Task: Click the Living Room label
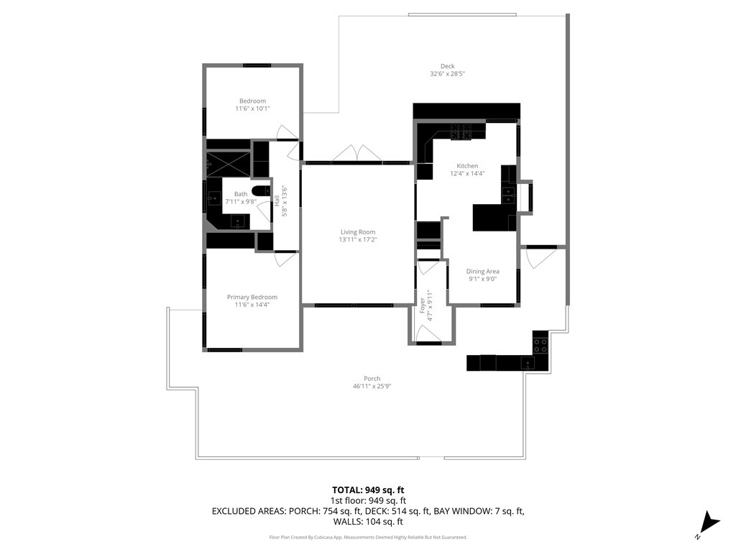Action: (x=358, y=232)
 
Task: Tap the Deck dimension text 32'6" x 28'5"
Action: (x=447, y=74)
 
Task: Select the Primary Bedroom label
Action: (x=252, y=297)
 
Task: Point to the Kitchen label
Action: (x=467, y=166)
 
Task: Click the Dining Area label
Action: (x=482, y=271)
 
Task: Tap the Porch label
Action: (x=372, y=379)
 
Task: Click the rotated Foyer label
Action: (x=422, y=305)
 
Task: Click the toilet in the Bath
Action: (x=261, y=190)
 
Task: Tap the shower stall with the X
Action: (x=229, y=164)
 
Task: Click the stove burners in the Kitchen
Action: (x=461, y=132)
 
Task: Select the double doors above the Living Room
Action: (x=357, y=153)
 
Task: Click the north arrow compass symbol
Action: (x=708, y=524)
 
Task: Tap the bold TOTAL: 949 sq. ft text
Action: (x=368, y=490)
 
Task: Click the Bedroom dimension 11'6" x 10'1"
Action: (x=252, y=109)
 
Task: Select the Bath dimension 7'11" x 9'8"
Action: (x=241, y=201)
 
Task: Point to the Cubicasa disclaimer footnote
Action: (x=368, y=537)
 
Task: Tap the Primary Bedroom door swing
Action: (x=285, y=259)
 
